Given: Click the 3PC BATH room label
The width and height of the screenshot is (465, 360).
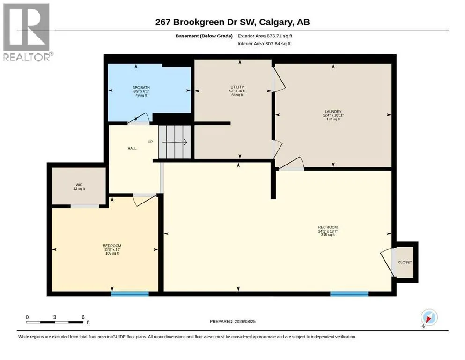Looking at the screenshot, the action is (141, 88).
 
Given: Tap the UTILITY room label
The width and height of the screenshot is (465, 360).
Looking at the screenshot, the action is (237, 87).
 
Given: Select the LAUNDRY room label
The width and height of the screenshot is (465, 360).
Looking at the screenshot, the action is (333, 112).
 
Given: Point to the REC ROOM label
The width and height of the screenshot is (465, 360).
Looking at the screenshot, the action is (328, 227).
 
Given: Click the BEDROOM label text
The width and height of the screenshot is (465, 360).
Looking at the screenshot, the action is (112, 246).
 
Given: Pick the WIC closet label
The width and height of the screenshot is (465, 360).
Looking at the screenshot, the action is (79, 185).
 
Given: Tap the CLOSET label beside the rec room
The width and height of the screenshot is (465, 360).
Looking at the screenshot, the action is (405, 262).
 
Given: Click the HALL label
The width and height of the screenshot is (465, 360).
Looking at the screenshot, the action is (132, 148).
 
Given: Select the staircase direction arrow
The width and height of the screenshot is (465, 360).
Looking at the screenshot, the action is (175, 142).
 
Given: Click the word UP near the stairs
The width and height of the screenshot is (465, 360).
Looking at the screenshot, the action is (150, 142).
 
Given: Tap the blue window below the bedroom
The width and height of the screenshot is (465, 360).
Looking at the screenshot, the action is (130, 294).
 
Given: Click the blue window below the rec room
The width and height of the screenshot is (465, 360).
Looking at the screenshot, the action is (349, 294).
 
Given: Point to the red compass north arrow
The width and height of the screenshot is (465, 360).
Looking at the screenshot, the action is (429, 319).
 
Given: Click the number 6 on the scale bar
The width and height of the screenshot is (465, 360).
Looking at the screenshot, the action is (83, 317).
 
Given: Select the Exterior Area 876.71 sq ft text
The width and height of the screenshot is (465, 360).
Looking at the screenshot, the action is (265, 36).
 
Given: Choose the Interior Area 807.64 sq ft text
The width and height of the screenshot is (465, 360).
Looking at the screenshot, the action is (264, 44).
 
